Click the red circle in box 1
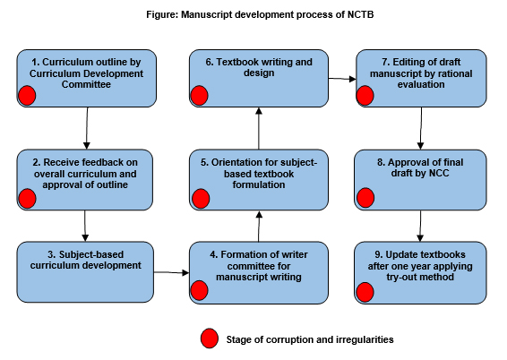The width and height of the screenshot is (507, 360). [27, 95]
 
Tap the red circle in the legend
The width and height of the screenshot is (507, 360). [210, 339]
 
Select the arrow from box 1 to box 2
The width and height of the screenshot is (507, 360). [87, 128]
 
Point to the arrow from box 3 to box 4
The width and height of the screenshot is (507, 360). [171, 273]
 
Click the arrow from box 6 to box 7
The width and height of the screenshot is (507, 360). [342, 79]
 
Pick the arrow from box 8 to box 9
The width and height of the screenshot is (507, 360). [420, 226]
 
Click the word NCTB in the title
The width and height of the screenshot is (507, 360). [360, 14]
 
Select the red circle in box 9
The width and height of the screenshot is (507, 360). [365, 292]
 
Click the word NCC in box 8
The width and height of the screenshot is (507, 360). [439, 173]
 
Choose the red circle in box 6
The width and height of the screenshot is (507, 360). [199, 95]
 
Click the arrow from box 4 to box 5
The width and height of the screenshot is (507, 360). [259, 227]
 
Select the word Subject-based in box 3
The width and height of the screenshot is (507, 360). [91, 254]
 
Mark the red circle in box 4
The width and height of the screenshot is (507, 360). [199, 290]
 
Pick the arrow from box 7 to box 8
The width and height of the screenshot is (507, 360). [421, 128]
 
